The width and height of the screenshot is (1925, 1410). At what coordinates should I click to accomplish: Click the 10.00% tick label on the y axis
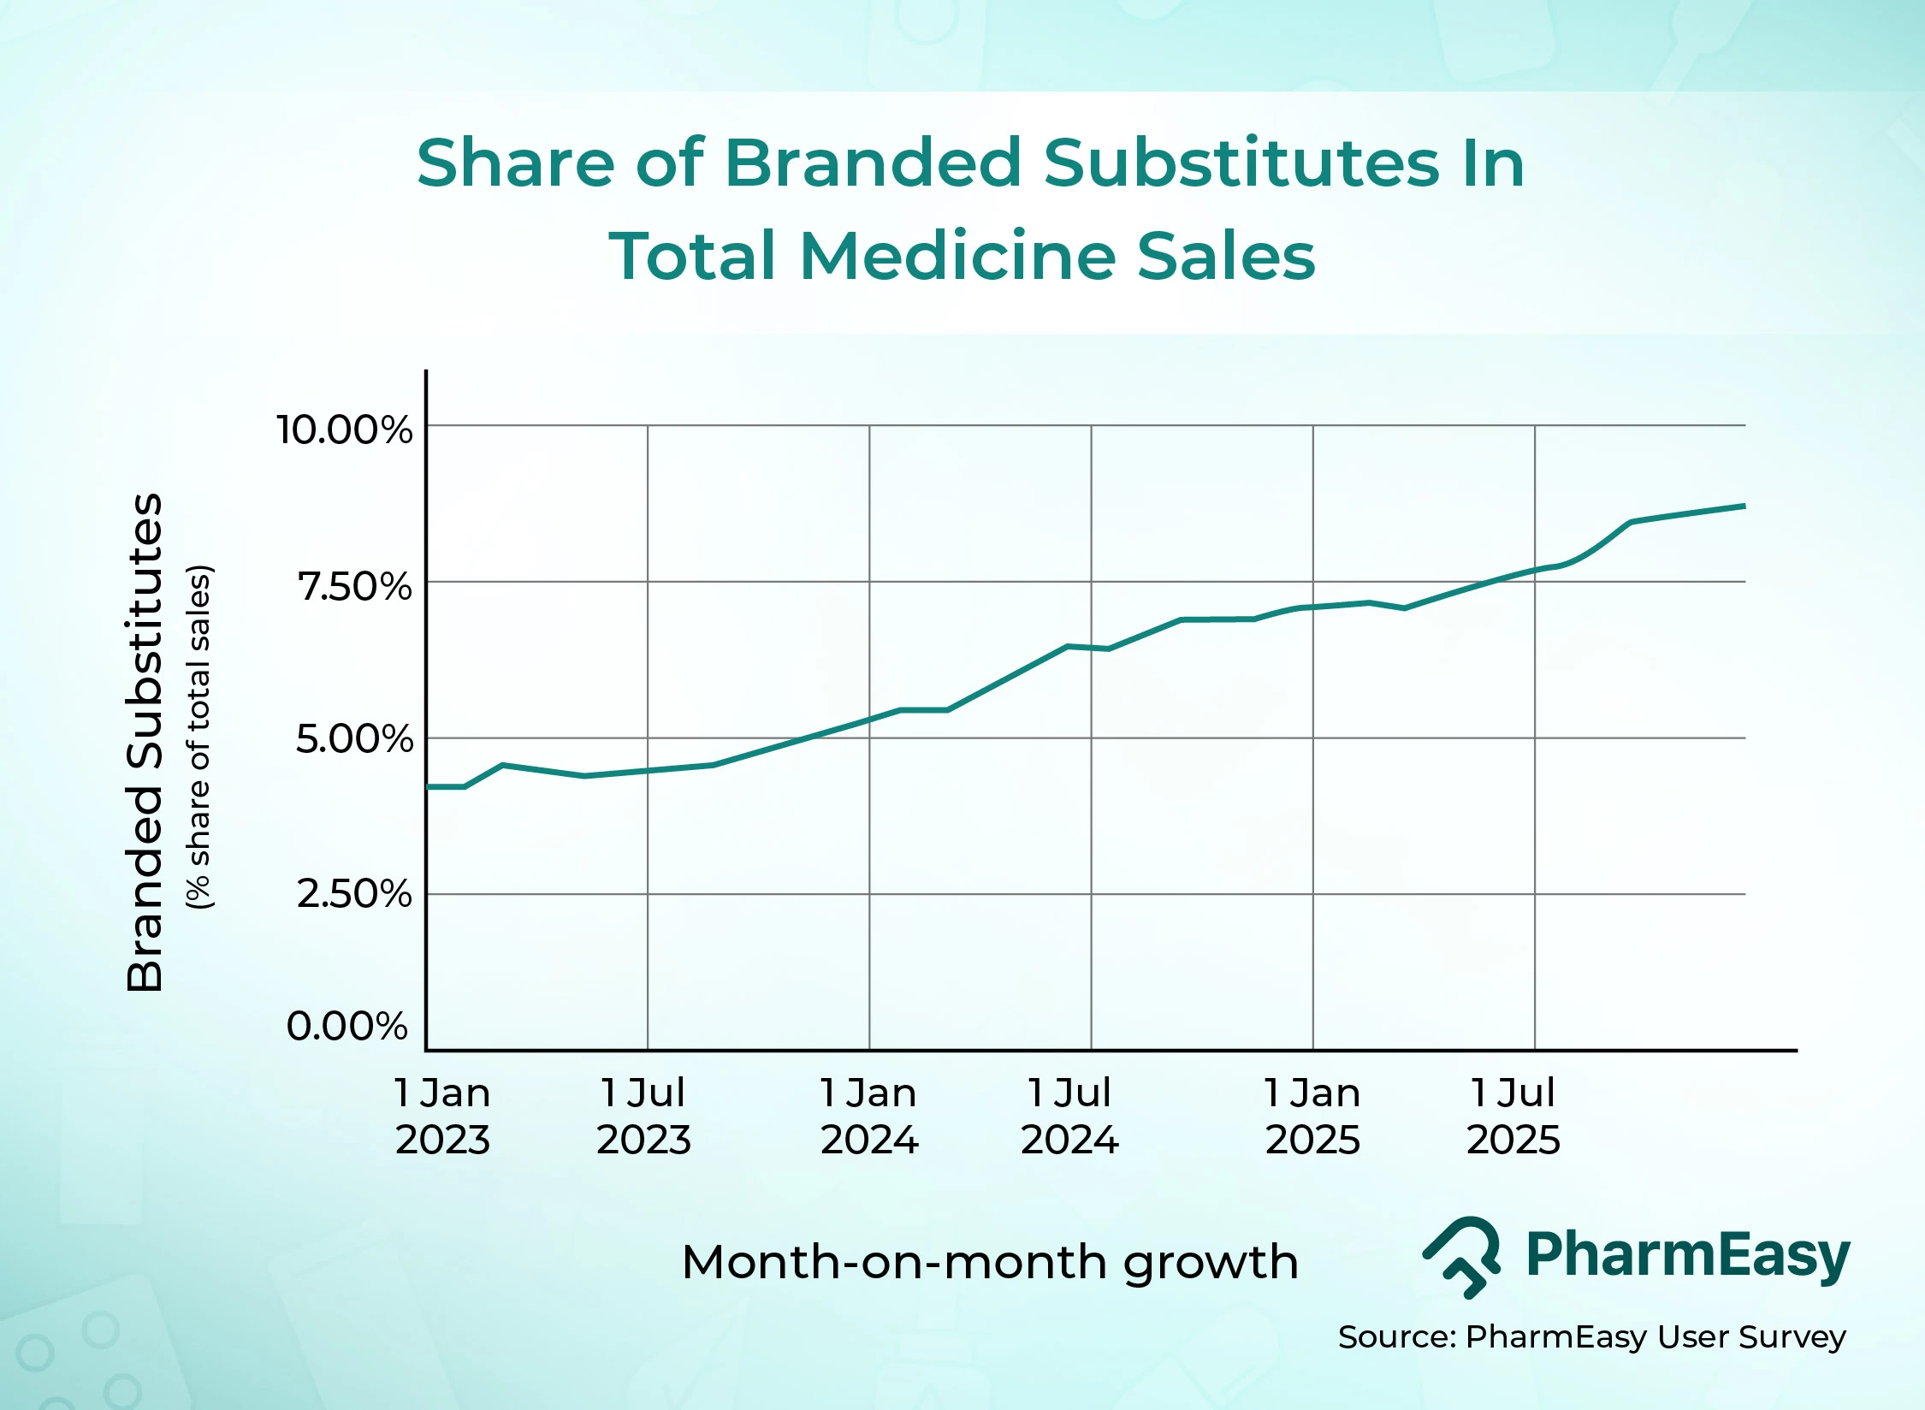(344, 430)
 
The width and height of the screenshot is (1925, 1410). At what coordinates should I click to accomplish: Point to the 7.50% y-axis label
(354, 587)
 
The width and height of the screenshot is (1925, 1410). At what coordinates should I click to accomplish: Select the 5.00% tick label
(354, 738)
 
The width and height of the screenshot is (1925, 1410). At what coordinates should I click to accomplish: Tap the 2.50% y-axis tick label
(354, 894)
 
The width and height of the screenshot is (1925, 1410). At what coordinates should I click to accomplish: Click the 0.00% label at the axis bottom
(346, 1026)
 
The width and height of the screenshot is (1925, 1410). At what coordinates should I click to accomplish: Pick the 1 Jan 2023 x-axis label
(442, 1117)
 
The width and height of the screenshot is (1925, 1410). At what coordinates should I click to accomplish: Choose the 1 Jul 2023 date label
(643, 1117)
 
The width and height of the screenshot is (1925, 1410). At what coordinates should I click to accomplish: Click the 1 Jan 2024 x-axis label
(869, 1117)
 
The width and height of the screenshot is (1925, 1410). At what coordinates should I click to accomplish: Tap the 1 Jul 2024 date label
(1069, 1117)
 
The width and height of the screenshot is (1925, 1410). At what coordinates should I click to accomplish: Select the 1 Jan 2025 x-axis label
(1312, 1117)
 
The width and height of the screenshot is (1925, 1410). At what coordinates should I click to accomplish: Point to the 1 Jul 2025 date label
(1513, 1117)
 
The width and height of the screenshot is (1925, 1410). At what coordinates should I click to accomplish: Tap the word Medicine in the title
(957, 256)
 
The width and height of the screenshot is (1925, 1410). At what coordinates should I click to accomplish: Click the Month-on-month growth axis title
(990, 1262)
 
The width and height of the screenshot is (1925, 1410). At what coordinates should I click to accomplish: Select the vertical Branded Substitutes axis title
(144, 742)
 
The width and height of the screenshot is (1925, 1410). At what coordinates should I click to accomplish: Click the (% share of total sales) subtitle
(198, 737)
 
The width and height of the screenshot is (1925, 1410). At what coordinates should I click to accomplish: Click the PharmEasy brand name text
(1687, 1255)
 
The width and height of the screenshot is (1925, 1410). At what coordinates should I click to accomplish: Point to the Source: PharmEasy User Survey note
(1591, 1336)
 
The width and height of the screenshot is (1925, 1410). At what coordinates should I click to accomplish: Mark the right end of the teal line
(1743, 507)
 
